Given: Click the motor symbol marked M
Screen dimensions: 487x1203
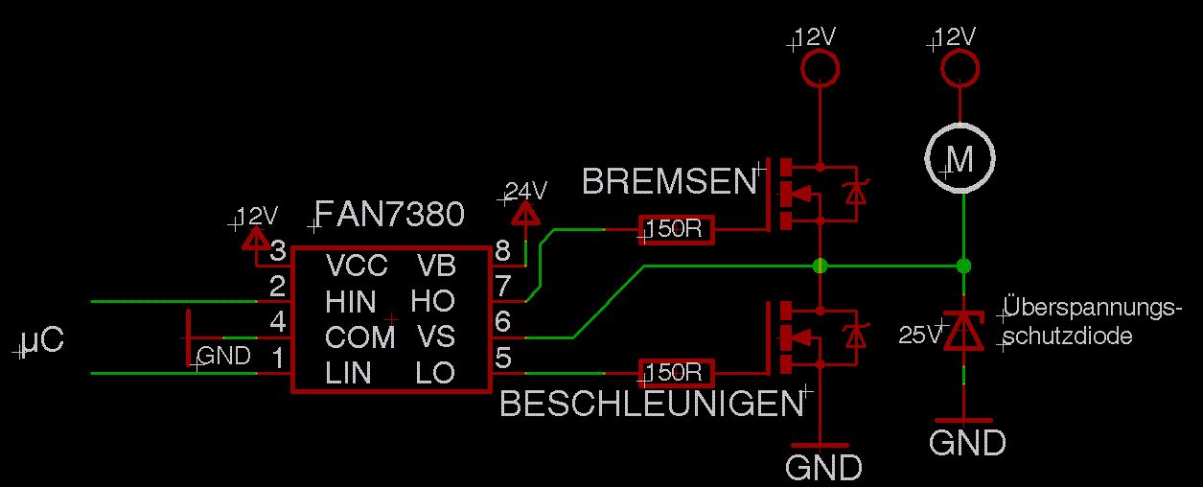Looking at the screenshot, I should tap(960, 159).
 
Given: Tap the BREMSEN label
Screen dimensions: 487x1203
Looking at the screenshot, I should tap(668, 180).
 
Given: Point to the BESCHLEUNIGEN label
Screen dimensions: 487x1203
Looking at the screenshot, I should tap(651, 405).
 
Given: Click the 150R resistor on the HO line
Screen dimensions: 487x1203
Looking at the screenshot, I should tap(676, 230).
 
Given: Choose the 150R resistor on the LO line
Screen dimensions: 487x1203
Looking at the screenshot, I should tap(676, 372).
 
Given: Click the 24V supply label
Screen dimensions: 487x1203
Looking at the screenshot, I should tap(524, 189).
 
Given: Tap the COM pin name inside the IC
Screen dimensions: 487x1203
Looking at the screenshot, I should tap(359, 336).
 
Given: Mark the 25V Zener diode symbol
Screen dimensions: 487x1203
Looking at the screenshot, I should tap(962, 331).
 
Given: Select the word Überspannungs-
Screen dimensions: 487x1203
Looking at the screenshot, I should tap(1094, 309).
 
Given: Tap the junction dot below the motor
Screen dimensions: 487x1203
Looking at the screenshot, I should tap(963, 266).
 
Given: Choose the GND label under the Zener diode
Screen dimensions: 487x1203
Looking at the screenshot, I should tap(967, 443).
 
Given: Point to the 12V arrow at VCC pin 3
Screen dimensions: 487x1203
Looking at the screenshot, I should tap(255, 235).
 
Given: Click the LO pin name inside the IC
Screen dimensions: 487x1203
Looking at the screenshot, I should tap(435, 372).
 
